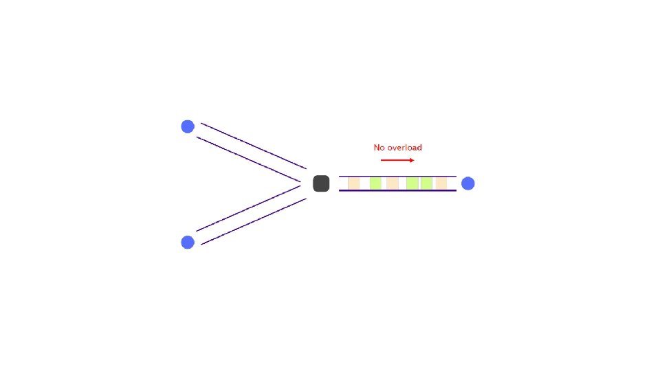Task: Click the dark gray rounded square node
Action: click(321, 183)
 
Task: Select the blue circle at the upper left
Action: click(188, 126)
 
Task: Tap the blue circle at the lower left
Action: click(188, 242)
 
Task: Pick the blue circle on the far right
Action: click(467, 183)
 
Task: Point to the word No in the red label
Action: click(379, 148)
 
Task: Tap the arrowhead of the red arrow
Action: click(412, 160)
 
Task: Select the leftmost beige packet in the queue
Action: click(354, 183)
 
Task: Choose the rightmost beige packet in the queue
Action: click(441, 183)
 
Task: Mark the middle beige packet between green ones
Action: click(393, 183)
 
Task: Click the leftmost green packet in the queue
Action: click(375, 183)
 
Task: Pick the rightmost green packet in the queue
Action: click(426, 183)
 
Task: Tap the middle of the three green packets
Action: click(412, 183)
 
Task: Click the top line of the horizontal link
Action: click(397, 177)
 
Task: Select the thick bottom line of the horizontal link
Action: click(397, 190)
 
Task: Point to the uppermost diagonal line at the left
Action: click(253, 146)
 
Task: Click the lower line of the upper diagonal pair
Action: click(248, 159)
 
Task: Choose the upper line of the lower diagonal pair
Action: click(248, 208)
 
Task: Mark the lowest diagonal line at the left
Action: click(253, 222)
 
